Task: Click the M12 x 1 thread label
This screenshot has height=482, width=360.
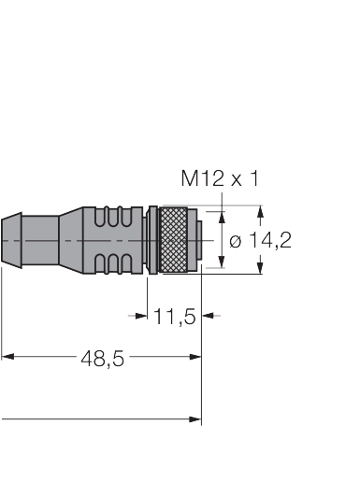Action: (220, 178)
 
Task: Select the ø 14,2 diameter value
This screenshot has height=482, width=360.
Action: (260, 240)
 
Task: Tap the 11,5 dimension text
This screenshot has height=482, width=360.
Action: (175, 317)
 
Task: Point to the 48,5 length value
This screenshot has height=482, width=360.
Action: (102, 358)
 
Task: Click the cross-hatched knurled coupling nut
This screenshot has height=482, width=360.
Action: (173, 240)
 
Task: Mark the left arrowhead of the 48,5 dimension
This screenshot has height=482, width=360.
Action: (7, 356)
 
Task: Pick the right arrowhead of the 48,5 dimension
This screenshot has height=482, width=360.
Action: (195, 357)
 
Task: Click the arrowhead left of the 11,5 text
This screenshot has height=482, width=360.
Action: (141, 316)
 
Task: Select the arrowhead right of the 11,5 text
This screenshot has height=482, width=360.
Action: (208, 316)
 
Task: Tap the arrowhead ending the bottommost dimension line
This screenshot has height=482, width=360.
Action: (195, 419)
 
